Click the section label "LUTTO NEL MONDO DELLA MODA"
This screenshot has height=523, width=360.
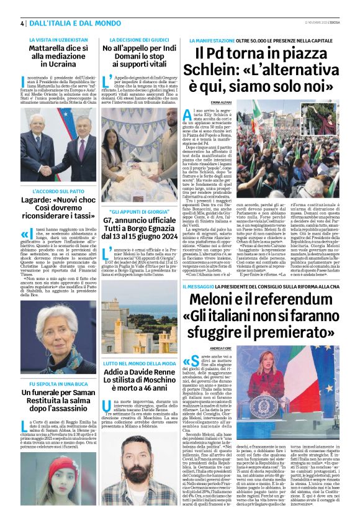131,362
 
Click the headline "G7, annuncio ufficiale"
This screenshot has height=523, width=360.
131,220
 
